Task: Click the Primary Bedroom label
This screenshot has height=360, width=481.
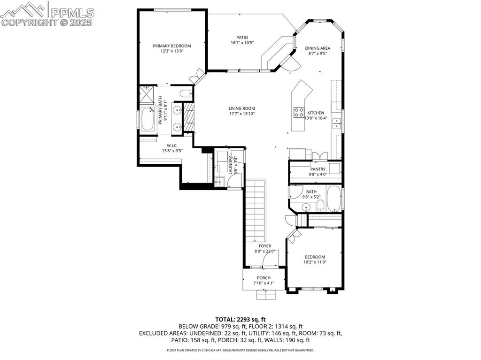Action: pyautogui.click(x=171, y=46)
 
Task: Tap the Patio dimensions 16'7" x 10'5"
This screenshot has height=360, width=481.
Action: pyautogui.click(x=242, y=43)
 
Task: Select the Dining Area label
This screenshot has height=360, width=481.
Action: pyautogui.click(x=318, y=48)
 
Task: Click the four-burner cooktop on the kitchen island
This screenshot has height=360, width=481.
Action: pyautogui.click(x=298, y=112)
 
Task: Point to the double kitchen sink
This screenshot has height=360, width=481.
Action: pyautogui.click(x=337, y=123)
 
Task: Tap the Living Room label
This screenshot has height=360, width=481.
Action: pyautogui.click(x=242, y=108)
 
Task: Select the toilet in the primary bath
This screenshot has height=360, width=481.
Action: pyautogui.click(x=186, y=93)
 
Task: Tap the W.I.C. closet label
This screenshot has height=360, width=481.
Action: pyautogui.click(x=172, y=146)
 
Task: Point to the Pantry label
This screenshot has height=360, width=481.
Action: pyautogui.click(x=318, y=169)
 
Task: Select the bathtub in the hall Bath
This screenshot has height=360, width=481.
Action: pyautogui.click(x=334, y=198)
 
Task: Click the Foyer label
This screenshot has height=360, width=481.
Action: pyautogui.click(x=264, y=246)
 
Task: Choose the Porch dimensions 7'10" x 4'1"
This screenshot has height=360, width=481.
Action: pyautogui.click(x=264, y=283)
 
